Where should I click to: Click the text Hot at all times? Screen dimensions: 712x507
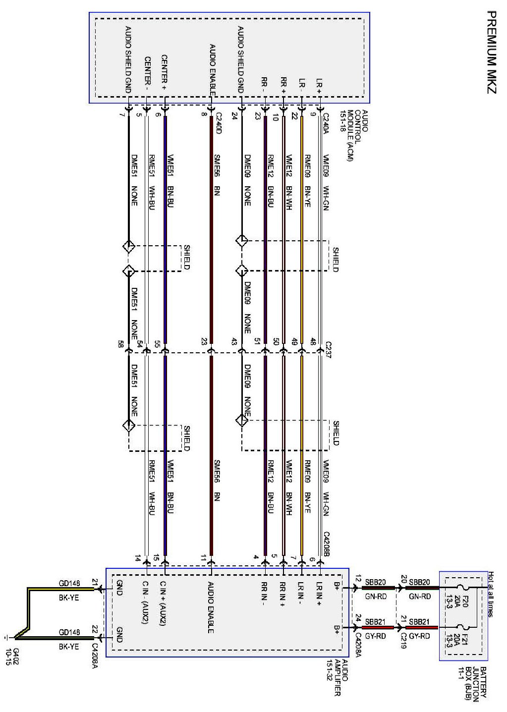point(490,594)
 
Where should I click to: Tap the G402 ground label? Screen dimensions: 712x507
point(12,656)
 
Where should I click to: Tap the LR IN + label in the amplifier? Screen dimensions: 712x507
point(319,595)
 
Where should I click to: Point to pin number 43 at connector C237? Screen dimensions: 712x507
point(234,342)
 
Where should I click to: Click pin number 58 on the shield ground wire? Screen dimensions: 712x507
point(120,344)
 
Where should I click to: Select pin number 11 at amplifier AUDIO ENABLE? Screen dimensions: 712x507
point(203,558)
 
